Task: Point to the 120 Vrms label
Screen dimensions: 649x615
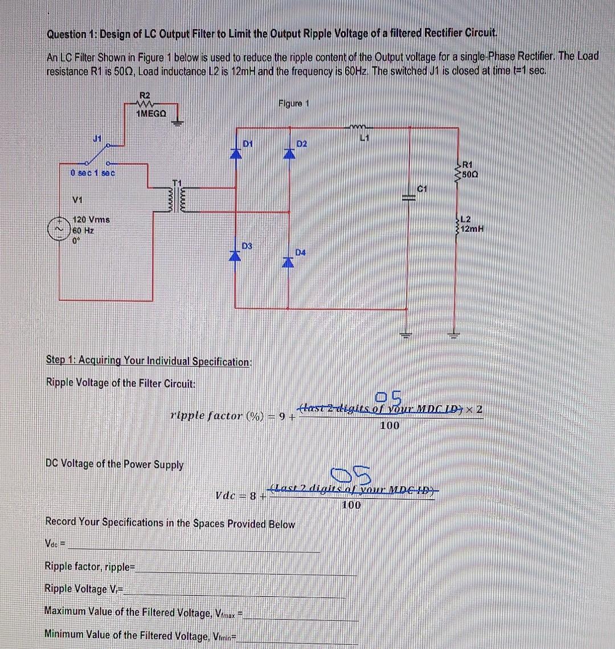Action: click(x=92, y=219)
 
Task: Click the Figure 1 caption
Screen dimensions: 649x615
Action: click(x=294, y=103)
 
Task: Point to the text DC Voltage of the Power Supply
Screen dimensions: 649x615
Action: click(x=114, y=464)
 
